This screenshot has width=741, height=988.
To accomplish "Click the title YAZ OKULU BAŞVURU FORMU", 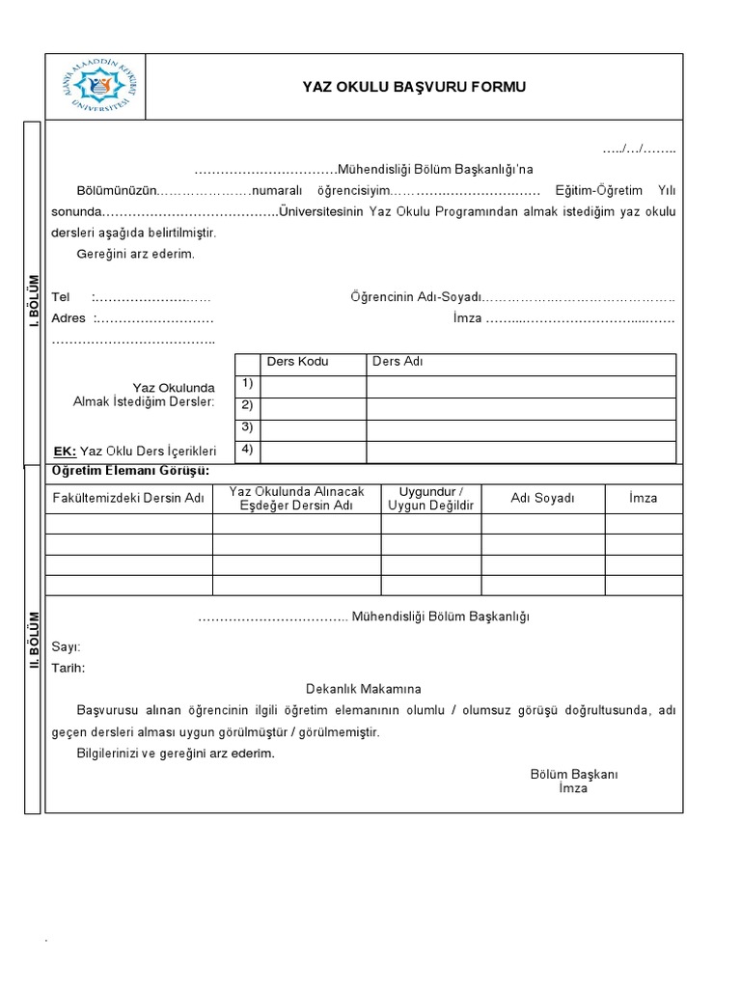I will [x=415, y=88].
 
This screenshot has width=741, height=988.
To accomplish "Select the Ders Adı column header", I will [x=398, y=362].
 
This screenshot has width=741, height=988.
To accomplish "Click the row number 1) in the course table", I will [x=247, y=384].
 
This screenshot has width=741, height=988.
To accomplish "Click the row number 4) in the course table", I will [x=247, y=449].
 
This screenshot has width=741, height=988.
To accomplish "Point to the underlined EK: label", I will [x=64, y=451].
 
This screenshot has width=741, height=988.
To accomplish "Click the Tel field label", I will [x=61, y=297].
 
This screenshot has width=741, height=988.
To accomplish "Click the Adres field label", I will [x=69, y=318].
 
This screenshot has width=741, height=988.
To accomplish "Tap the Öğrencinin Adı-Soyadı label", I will [x=415, y=297].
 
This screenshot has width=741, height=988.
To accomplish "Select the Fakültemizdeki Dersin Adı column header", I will [x=128, y=498].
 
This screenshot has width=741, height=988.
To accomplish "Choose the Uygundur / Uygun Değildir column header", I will [x=430, y=498].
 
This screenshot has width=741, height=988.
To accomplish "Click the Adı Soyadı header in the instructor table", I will [x=542, y=498].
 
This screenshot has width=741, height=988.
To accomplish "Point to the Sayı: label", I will [x=66, y=646].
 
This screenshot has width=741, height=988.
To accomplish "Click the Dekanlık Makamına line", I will [x=363, y=689].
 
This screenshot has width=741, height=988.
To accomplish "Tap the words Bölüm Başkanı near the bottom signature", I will [x=573, y=775].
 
